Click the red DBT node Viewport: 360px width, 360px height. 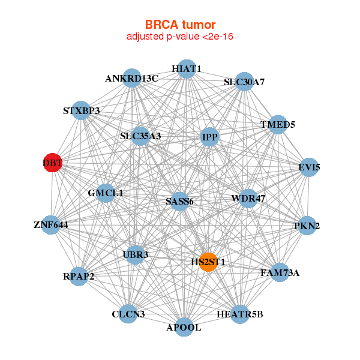pyautogui.click(x=53, y=163)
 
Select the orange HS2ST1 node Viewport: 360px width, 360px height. pyautogui.click(x=208, y=262)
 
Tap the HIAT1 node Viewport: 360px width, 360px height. pyautogui.click(x=187, y=69)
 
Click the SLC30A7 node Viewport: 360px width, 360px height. pyautogui.click(x=244, y=82)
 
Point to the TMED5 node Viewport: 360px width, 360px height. pyautogui.click(x=278, y=125)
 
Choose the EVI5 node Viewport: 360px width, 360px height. pyautogui.click(x=309, y=167)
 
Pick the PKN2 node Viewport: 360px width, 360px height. pyautogui.click(x=307, y=226)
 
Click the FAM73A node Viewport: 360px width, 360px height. pyautogui.click(x=280, y=273)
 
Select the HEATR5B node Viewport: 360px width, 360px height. pyautogui.click(x=239, y=314)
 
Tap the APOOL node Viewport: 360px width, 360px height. pyautogui.click(x=184, y=327)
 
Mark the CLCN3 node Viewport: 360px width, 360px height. pyautogui.click(x=128, y=314)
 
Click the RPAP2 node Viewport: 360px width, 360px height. pyautogui.click(x=79, y=276)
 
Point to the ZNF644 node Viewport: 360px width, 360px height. pyautogui.click(x=51, y=225)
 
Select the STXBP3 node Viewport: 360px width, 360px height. pyautogui.click(x=82, y=111)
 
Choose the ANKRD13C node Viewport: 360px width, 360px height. pyautogui.click(x=132, y=79)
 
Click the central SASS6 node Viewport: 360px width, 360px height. pyautogui.click(x=179, y=202)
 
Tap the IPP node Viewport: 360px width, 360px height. pyautogui.click(x=210, y=137)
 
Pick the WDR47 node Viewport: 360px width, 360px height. pyautogui.click(x=248, y=198)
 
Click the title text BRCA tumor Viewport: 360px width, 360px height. pyautogui.click(x=180, y=25)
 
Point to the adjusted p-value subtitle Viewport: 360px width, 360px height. pyautogui.click(x=180, y=37)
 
